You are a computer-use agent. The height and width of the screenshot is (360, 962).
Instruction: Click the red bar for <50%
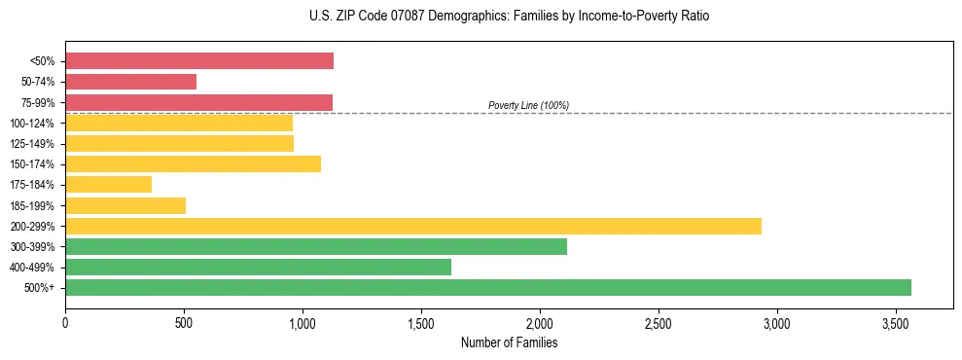[x=199, y=61]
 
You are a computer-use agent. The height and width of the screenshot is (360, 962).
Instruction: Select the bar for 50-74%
[x=131, y=82]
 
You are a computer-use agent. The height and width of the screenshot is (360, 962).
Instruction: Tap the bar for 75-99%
[x=198, y=102]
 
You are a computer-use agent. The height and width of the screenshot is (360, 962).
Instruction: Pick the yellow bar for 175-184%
[x=109, y=185]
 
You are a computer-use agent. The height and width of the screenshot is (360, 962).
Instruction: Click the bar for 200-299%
[x=413, y=226]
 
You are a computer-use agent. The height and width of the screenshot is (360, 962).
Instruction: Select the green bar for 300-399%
[x=316, y=247]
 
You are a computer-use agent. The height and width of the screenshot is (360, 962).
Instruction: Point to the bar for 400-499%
[x=258, y=268]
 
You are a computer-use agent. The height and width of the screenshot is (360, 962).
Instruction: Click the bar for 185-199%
[x=125, y=205]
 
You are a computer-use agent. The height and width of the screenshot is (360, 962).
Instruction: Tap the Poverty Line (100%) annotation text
[x=528, y=105]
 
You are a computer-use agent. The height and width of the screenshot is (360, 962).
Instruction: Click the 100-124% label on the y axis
[x=32, y=124]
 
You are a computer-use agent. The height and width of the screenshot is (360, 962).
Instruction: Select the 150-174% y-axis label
[x=32, y=164]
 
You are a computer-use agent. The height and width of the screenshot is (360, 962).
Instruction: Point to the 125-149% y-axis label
[x=32, y=144]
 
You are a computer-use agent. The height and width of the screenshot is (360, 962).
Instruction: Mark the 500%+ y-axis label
[x=39, y=288]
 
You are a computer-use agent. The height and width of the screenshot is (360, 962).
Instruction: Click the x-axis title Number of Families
[x=509, y=342]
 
